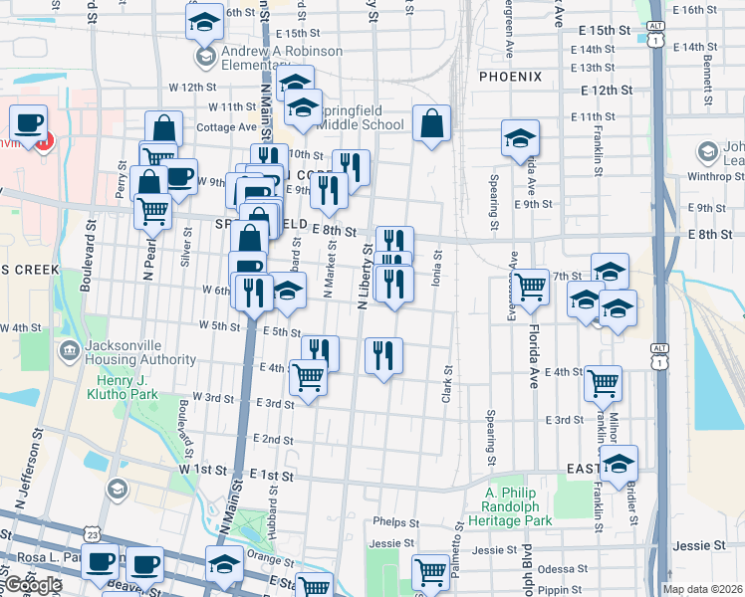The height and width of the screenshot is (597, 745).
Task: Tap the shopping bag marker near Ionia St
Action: pos(431,125)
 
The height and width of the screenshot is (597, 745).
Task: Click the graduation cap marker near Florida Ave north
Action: pos(520,139)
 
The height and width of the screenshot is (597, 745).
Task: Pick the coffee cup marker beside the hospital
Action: pos(29,122)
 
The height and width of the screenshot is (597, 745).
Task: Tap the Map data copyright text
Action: pos(703,588)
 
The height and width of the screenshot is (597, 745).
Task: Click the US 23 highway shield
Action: pos(93,534)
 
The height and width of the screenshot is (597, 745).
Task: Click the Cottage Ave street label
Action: pos(227,127)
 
